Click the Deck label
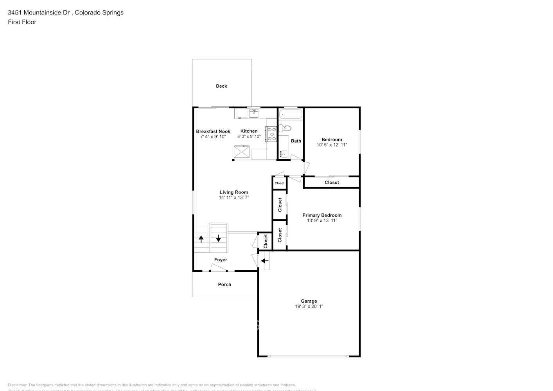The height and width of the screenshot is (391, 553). click(x=221, y=86)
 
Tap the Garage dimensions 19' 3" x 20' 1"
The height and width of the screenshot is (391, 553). click(x=309, y=307)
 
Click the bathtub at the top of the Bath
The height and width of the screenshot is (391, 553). click(x=291, y=115)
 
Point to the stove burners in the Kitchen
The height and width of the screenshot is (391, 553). click(x=271, y=134)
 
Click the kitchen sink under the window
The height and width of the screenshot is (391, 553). click(x=254, y=113)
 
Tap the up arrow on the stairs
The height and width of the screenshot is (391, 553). click(x=201, y=238)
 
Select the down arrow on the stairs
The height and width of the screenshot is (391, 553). click(x=218, y=238)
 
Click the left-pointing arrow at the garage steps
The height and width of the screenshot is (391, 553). click(x=265, y=261)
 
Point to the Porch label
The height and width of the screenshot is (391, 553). click(x=224, y=284)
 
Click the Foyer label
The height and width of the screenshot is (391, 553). click(x=221, y=260)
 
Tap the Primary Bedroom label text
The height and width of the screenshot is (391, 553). click(x=322, y=215)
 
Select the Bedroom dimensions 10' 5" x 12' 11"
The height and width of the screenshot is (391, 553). click(x=332, y=145)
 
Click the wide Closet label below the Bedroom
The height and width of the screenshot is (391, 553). click(x=332, y=182)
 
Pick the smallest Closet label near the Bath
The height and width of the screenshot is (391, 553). click(x=280, y=183)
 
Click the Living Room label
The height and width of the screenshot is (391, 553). click(x=234, y=192)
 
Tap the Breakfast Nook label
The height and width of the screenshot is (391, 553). click(x=213, y=131)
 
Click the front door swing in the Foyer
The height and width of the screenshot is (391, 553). click(x=219, y=268)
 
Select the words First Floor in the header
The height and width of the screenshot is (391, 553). click(x=22, y=22)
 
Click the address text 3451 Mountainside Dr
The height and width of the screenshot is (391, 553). click(x=39, y=13)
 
